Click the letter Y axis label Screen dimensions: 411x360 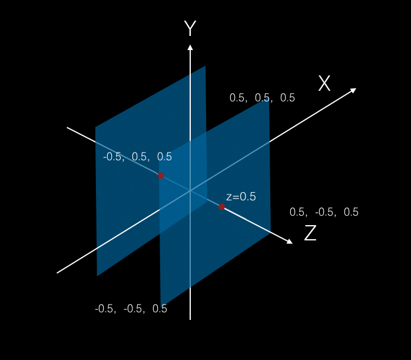[x=190, y=28]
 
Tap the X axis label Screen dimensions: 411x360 [x=324, y=84]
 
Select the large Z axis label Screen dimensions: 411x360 [x=310, y=234]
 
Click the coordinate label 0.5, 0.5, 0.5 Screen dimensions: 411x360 [x=262, y=98]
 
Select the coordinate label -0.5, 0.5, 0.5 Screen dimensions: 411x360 [x=137, y=157]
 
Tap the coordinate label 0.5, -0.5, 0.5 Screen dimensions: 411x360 [x=324, y=212]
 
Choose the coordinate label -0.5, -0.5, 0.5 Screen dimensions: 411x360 [x=131, y=309]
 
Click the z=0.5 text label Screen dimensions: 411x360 [x=241, y=197]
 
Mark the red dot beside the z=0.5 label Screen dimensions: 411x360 [x=221, y=207]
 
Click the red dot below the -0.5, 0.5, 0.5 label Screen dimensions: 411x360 [x=161, y=176]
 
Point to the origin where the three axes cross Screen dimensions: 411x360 [x=190, y=191]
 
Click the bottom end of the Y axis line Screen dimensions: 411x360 [x=190, y=319]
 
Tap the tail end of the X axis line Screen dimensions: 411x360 [x=57, y=273]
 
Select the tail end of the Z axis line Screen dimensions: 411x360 [x=67, y=127]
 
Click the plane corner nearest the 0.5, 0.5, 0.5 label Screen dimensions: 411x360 [x=269, y=100]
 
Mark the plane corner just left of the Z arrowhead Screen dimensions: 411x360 [x=270, y=233]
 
